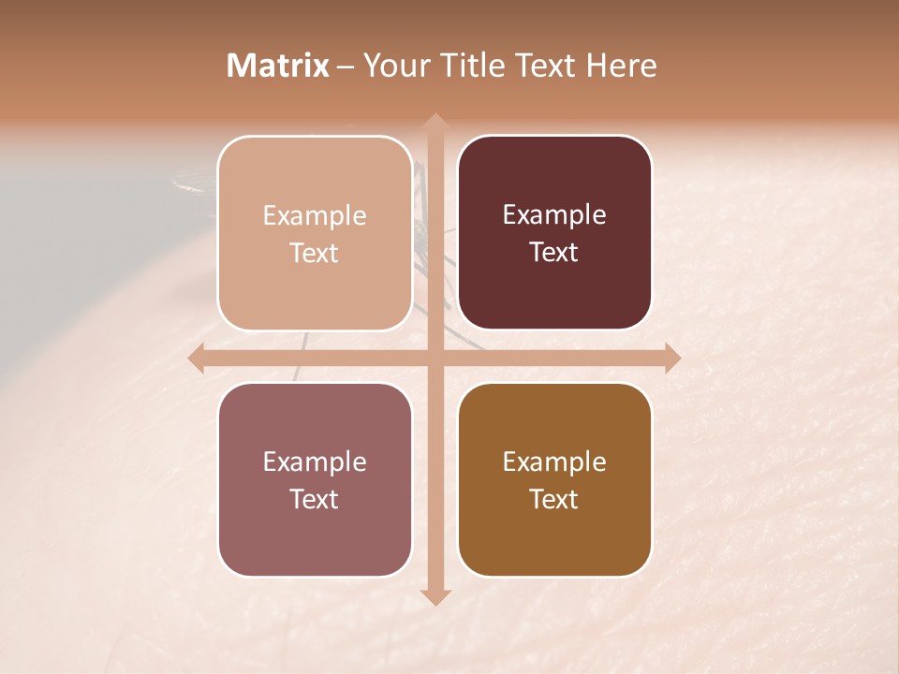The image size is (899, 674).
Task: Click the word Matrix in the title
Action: coord(278,66)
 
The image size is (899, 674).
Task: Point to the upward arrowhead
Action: coord(435,120)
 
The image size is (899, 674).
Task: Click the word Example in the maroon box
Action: coord(554,214)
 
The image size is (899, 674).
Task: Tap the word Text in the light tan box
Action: coord(315,253)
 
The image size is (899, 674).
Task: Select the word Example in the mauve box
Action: coord(315,462)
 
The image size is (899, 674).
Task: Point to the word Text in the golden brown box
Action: coord(554,499)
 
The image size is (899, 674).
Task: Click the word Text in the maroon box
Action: coord(554,252)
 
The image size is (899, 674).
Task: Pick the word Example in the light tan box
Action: coord(315,215)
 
